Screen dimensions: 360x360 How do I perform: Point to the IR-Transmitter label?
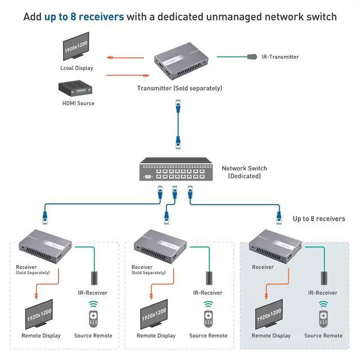coord(280,57)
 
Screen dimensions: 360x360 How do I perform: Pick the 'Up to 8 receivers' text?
coord(319,218)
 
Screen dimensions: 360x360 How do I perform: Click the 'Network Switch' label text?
coord(244,168)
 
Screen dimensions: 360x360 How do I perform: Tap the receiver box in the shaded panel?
coord(276,245)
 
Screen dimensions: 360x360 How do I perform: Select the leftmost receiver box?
coord(45,244)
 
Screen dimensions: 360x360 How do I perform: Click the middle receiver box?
coord(160,244)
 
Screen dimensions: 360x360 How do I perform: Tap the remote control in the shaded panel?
coord(323,315)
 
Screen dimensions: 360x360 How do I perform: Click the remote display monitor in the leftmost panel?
coord(39,314)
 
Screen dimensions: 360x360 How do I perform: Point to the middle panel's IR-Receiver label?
coord(208,292)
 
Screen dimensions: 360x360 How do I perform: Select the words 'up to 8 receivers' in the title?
coord(84,16)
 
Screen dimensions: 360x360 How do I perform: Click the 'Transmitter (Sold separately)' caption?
coord(179,88)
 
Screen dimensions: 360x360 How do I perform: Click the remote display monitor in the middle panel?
coord(154,314)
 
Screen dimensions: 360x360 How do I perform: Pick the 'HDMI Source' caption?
coord(78,103)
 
